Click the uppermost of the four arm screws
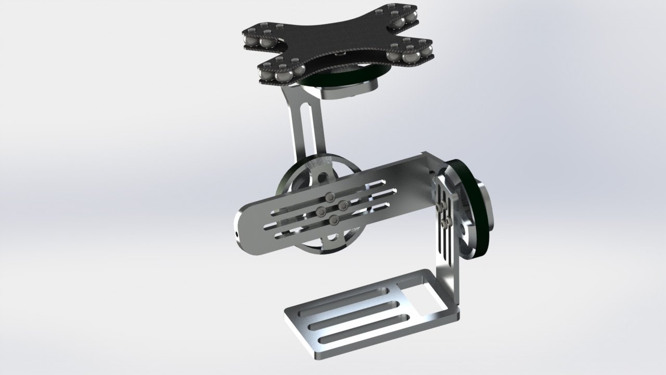330,196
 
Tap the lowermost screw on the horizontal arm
334,221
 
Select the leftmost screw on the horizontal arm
320,211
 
